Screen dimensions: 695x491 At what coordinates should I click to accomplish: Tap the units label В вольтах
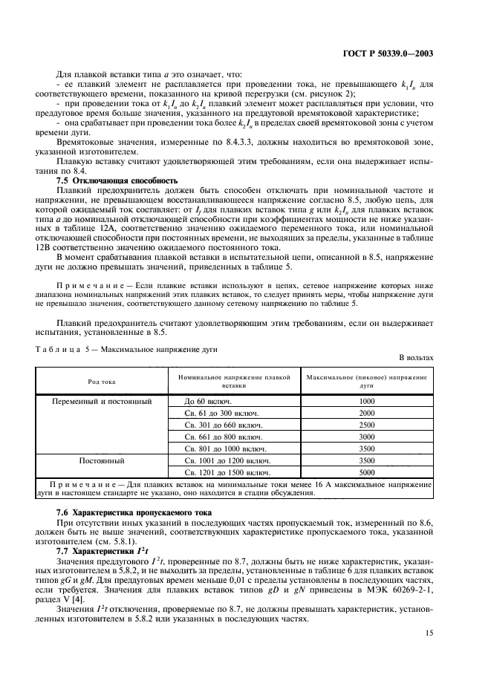(x=416, y=357)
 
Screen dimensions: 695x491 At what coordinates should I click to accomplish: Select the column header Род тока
(x=104, y=382)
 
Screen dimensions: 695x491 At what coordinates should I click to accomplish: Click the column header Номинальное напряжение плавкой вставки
(x=234, y=382)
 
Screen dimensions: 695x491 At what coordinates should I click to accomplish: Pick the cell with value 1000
(x=367, y=401)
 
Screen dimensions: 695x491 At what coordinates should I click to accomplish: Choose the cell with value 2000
(x=367, y=413)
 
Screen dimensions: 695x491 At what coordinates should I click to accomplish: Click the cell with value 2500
(x=367, y=425)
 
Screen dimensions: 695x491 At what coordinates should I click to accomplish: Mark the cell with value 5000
(x=367, y=472)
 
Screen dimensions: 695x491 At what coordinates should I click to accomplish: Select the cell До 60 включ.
(x=205, y=401)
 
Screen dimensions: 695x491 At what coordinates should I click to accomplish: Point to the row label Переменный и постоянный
(x=104, y=401)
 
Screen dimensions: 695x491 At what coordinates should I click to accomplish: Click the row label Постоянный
(x=104, y=460)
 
